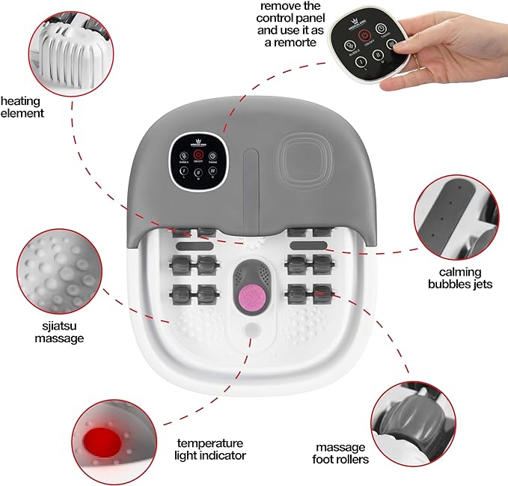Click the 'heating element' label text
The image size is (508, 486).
click(22, 106)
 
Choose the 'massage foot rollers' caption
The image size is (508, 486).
click(341, 452)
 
